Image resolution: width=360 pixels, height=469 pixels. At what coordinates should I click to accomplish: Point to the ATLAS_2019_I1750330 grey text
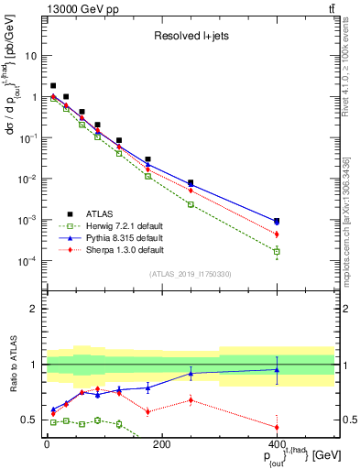click(x=191, y=274)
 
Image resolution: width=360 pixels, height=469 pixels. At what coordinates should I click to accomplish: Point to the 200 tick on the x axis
click(x=162, y=444)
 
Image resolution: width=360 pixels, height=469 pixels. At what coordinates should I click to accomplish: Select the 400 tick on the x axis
click(x=278, y=444)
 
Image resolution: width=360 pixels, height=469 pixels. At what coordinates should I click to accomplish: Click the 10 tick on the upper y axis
click(x=32, y=55)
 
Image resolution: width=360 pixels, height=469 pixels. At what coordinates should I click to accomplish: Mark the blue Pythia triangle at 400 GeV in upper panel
click(x=278, y=222)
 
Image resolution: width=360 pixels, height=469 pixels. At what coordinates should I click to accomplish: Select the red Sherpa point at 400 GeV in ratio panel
click(x=278, y=427)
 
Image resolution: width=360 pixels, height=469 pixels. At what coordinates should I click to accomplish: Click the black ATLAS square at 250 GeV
click(x=191, y=182)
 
